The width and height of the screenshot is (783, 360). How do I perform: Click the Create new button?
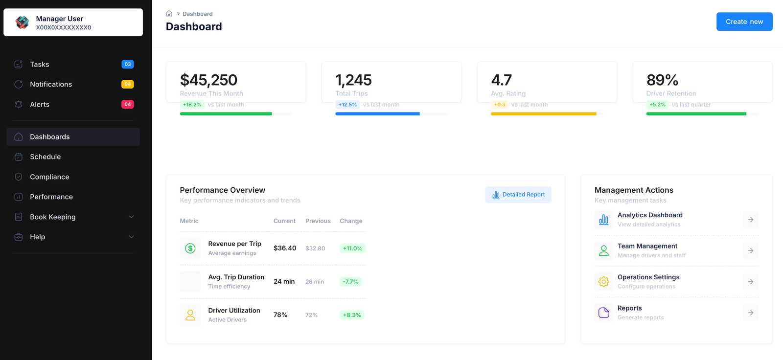[x=744, y=22]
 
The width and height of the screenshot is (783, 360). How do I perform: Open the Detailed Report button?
[x=518, y=195]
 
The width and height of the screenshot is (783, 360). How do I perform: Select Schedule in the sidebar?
[x=45, y=157]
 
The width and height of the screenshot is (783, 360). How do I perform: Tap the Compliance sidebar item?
[x=49, y=177]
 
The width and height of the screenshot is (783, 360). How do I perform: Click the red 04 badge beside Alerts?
[x=127, y=104]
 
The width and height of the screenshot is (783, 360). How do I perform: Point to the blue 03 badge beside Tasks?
[x=127, y=64]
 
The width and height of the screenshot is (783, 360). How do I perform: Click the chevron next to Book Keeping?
[x=131, y=217]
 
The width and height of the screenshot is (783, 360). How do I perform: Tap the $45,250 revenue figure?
[x=208, y=80]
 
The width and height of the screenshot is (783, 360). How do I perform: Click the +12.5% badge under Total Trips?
[x=347, y=105]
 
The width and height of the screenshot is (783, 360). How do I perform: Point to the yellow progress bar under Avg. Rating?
[x=543, y=114]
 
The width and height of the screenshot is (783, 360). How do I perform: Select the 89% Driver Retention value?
[x=662, y=80]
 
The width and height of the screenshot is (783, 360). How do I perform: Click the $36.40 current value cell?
[x=284, y=248]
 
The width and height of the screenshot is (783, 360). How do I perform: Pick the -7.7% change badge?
[x=350, y=282]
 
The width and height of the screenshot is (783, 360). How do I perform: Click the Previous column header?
[x=318, y=221]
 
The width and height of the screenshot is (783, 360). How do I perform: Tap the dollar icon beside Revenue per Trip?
[x=190, y=248]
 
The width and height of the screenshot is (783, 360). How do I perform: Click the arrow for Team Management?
[x=750, y=251]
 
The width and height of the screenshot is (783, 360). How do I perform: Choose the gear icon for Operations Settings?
[x=603, y=282]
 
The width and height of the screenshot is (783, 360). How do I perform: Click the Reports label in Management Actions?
[x=629, y=308]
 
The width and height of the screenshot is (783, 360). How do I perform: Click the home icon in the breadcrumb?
[x=169, y=14]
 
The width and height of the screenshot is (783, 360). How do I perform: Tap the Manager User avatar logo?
[x=22, y=22]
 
